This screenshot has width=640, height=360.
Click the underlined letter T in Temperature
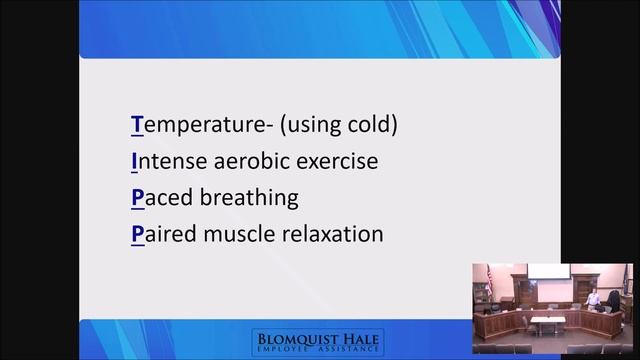[x=137, y=125]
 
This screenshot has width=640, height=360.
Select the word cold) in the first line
[x=371, y=125]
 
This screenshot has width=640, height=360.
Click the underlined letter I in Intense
[x=134, y=161]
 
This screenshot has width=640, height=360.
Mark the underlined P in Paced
[x=137, y=197]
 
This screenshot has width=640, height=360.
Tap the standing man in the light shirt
[x=594, y=299]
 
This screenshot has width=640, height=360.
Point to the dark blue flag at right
[x=627, y=283]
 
